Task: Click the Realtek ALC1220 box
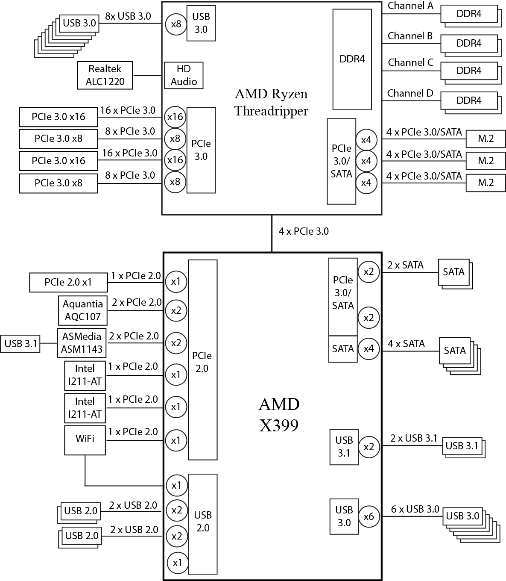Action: pyautogui.click(x=105, y=75)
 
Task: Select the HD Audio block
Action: pyautogui.click(x=184, y=75)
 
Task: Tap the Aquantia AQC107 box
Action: pyautogui.click(x=82, y=310)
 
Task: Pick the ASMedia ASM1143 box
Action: pyautogui.click(x=82, y=343)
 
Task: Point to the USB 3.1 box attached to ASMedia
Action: pyautogui.click(x=20, y=343)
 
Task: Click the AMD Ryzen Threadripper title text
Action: pyautogui.click(x=271, y=103)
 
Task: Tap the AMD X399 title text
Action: pyautogui.click(x=279, y=414)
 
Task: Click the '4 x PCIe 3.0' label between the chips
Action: pyautogui.click(x=304, y=231)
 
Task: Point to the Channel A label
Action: pyautogui.click(x=410, y=6)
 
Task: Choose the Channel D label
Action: pyautogui.click(x=410, y=93)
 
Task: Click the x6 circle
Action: pyautogui.click(x=369, y=516)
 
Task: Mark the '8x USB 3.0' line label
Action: pyautogui.click(x=128, y=16)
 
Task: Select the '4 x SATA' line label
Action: pyautogui.click(x=406, y=344)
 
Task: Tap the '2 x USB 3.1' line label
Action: pyautogui.click(x=414, y=438)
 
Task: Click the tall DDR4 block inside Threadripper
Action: pyautogui.click(x=352, y=59)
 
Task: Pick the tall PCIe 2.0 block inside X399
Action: pyautogui.click(x=202, y=360)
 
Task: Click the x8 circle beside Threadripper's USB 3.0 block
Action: pyautogui.click(x=176, y=24)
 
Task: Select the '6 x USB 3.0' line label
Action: pyautogui.click(x=415, y=509)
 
